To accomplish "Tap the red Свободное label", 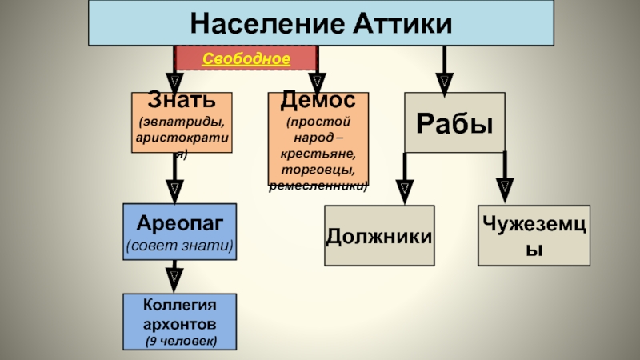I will (x=246, y=58).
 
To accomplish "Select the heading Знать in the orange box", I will (x=182, y=102).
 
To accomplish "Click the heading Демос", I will (x=318, y=102).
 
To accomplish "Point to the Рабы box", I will (x=454, y=122).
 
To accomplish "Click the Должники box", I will (x=379, y=236).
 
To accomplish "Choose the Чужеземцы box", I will (x=534, y=235).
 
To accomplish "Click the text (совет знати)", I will (x=179, y=245).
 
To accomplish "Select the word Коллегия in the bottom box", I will (x=179, y=305).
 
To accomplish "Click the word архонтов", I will (x=179, y=324).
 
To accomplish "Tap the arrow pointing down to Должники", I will (x=405, y=182).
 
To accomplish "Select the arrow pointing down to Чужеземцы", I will (x=506, y=182).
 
